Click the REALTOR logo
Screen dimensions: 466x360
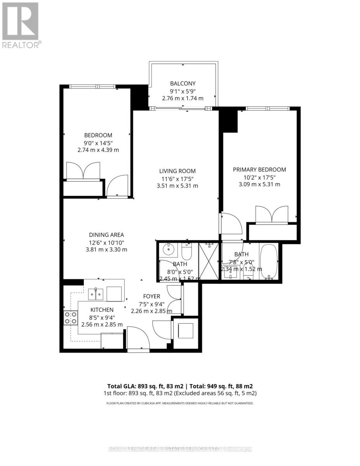20,25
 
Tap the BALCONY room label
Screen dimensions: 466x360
183,83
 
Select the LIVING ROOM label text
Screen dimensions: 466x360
177,171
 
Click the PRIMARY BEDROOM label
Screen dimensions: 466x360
259,169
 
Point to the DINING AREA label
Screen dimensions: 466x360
106,235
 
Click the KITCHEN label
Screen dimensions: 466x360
102,310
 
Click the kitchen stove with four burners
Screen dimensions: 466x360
71,318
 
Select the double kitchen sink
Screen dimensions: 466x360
96,294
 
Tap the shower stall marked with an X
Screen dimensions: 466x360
210,261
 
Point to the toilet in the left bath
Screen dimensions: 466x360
187,251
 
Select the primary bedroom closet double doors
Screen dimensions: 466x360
272,215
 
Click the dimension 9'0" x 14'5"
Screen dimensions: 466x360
98,143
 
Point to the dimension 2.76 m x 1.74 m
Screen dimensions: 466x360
183,98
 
